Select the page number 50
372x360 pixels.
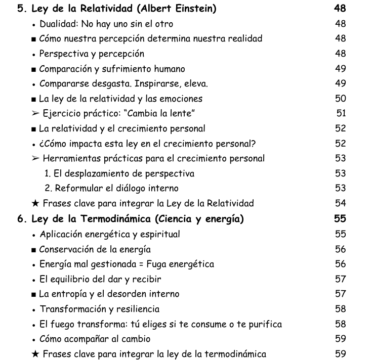[341, 98]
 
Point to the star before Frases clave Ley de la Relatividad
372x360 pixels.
[34, 203]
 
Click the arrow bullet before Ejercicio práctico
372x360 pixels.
[35, 113]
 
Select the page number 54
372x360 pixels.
[341, 203]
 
